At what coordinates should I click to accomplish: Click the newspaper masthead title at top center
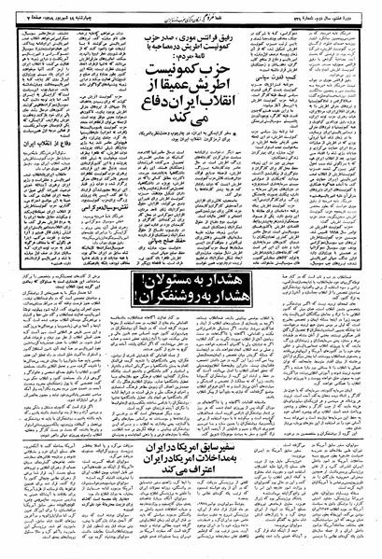[x=191, y=8]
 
